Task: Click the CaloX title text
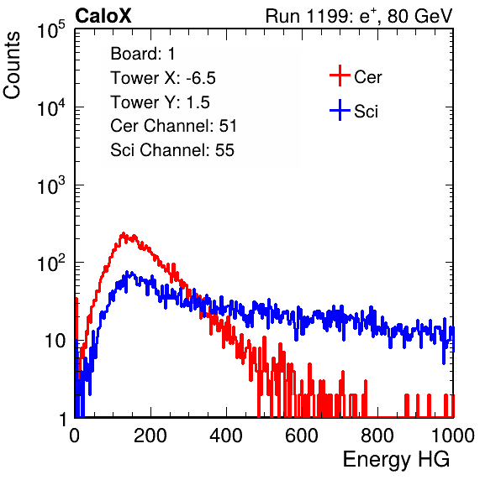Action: pyautogui.click(x=103, y=16)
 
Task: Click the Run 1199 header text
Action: pyautogui.click(x=359, y=16)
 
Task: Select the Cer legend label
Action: pyautogui.click(x=367, y=77)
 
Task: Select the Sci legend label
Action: pyautogui.click(x=366, y=112)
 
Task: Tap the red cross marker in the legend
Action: pyautogui.click(x=340, y=76)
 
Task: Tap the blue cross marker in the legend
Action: pyautogui.click(x=340, y=110)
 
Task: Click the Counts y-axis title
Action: pyautogui.click(x=12, y=65)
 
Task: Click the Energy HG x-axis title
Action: pyautogui.click(x=396, y=460)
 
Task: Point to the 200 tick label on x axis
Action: pyautogui.click(x=150, y=436)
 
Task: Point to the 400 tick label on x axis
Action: pyautogui.click(x=226, y=436)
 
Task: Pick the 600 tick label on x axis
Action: pyautogui.click(x=302, y=436)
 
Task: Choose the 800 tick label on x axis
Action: pyautogui.click(x=377, y=436)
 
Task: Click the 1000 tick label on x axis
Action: pyautogui.click(x=453, y=436)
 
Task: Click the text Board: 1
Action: pyautogui.click(x=143, y=54)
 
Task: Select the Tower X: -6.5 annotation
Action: pyautogui.click(x=163, y=78)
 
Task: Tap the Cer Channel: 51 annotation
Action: pyautogui.click(x=173, y=126)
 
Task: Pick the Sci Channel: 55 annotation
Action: pyautogui.click(x=172, y=150)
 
